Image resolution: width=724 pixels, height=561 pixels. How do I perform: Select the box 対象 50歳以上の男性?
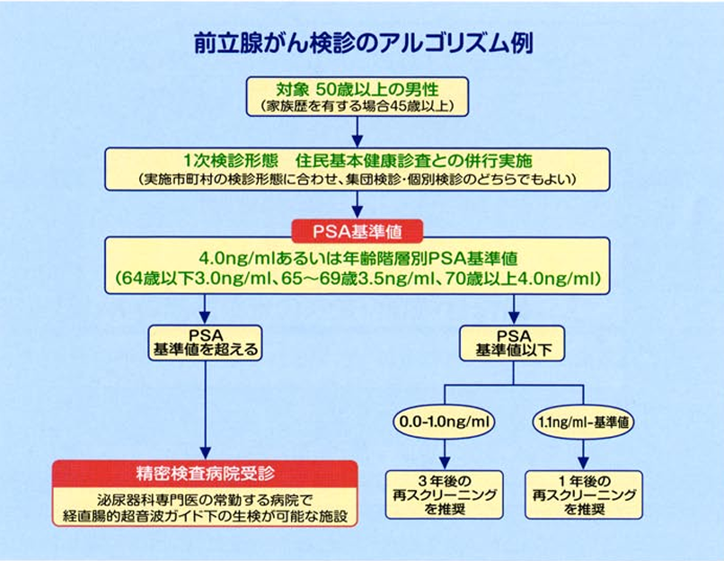pyautogui.click(x=358, y=97)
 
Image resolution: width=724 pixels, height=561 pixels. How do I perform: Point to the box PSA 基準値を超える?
pyautogui.click(x=205, y=342)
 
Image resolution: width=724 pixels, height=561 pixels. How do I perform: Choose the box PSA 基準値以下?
pyautogui.click(x=513, y=342)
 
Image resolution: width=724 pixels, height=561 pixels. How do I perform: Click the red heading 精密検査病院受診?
pyautogui.click(x=205, y=472)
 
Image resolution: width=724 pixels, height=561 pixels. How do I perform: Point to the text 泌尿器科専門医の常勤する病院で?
pyautogui.click(x=205, y=499)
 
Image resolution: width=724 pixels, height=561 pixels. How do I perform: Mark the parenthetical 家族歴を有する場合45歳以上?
pyautogui.click(x=358, y=107)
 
